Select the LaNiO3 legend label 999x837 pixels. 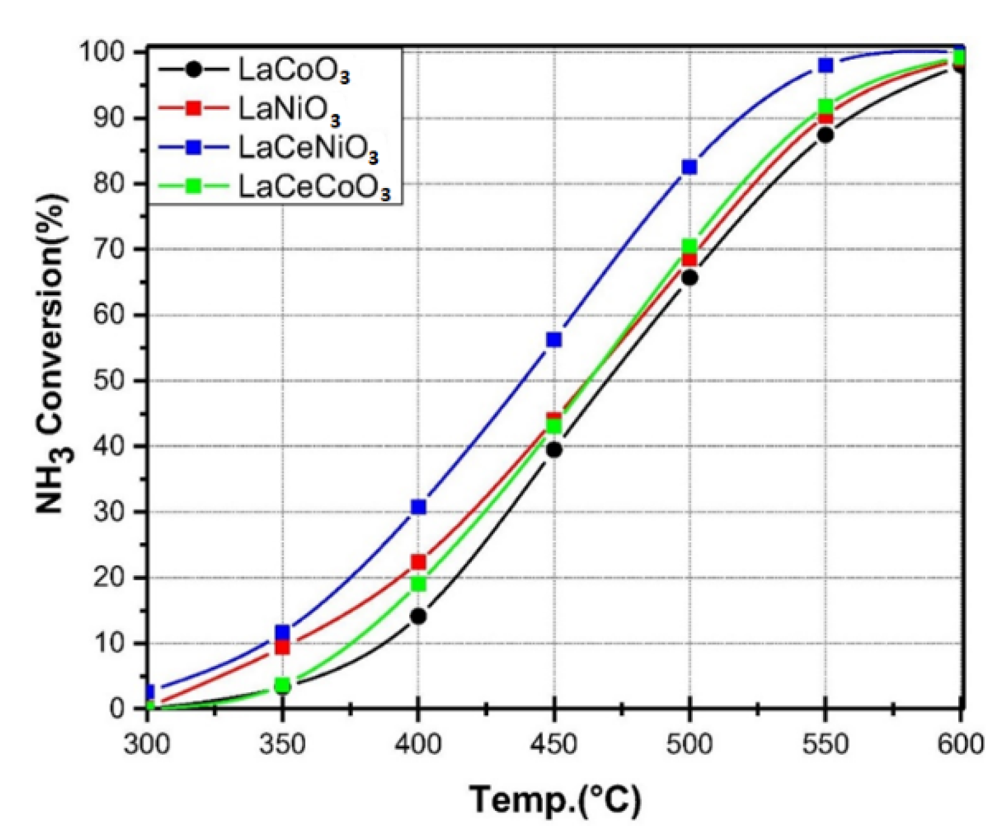(289, 108)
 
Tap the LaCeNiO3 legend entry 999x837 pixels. (307, 147)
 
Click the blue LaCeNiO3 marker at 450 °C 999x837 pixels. (554, 339)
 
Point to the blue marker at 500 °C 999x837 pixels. (689, 167)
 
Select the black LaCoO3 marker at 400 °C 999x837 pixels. (418, 616)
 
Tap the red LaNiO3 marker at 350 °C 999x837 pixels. (282, 647)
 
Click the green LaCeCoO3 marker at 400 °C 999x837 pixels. (418, 584)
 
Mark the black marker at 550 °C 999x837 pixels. (825, 135)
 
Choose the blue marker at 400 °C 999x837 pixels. (418, 506)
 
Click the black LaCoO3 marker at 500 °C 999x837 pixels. (690, 278)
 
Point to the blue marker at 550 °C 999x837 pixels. (825, 65)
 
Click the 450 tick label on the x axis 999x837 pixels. (554, 744)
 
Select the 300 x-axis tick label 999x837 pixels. (147, 744)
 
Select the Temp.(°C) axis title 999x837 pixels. (555, 800)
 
